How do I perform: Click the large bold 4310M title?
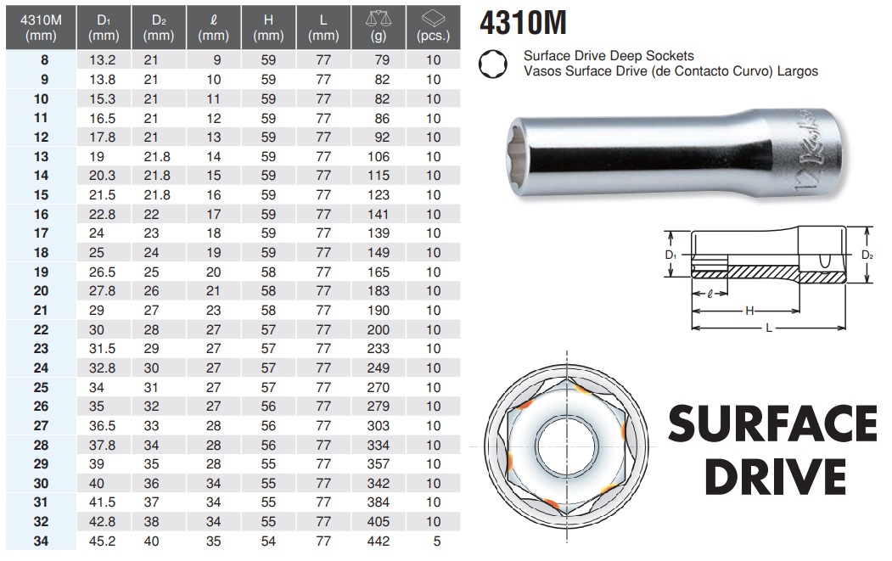click(x=523, y=23)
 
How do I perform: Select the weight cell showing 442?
click(x=378, y=541)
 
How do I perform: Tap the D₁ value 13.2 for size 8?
click(x=102, y=60)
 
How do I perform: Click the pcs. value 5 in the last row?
click(x=434, y=541)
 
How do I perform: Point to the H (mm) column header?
click(x=268, y=27)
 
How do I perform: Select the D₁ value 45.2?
click(x=102, y=541)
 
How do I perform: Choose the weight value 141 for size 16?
click(x=378, y=215)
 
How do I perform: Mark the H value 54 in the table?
click(x=268, y=541)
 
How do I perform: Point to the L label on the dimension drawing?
click(x=768, y=328)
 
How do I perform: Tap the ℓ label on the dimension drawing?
click(x=709, y=295)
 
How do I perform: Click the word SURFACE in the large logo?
click(x=772, y=423)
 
